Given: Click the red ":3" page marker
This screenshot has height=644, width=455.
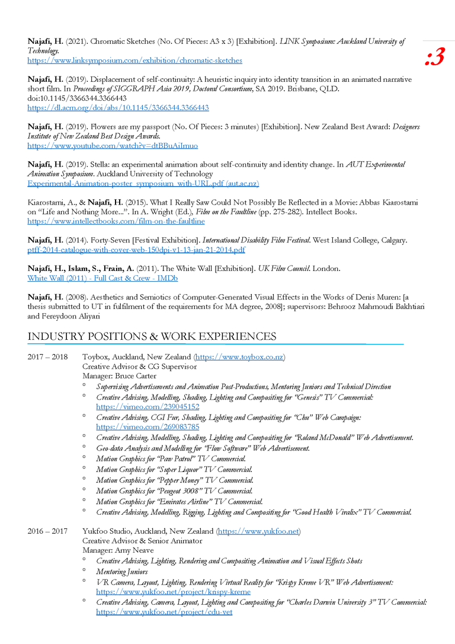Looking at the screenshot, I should tap(434, 58).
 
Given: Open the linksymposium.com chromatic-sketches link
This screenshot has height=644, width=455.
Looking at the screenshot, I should tap(134, 60).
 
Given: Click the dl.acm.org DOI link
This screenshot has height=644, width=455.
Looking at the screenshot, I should tap(118, 108).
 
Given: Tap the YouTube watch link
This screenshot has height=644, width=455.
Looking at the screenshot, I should tap(113, 145).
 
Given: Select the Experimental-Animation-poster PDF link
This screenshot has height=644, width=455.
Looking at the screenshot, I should tap(143, 184).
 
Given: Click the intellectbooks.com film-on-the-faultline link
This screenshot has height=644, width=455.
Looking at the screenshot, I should tap(116, 221).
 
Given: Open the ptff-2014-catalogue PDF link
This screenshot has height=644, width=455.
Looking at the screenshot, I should tap(136, 250).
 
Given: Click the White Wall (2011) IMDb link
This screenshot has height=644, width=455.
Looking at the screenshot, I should tap(102, 278).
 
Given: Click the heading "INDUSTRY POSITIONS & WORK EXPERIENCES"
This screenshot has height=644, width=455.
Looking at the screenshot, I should tap(152, 337).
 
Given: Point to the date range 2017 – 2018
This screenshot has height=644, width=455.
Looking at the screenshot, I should tap(47, 357).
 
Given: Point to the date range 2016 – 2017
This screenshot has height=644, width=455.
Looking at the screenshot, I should tap(47, 531).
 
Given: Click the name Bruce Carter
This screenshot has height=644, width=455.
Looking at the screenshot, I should tap(137, 376).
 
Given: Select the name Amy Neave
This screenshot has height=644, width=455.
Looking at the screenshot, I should tap(134, 550).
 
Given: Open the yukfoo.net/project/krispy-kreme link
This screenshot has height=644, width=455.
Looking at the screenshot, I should tap(173, 592).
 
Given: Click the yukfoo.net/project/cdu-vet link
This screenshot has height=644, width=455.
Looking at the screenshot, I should tap(164, 612).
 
